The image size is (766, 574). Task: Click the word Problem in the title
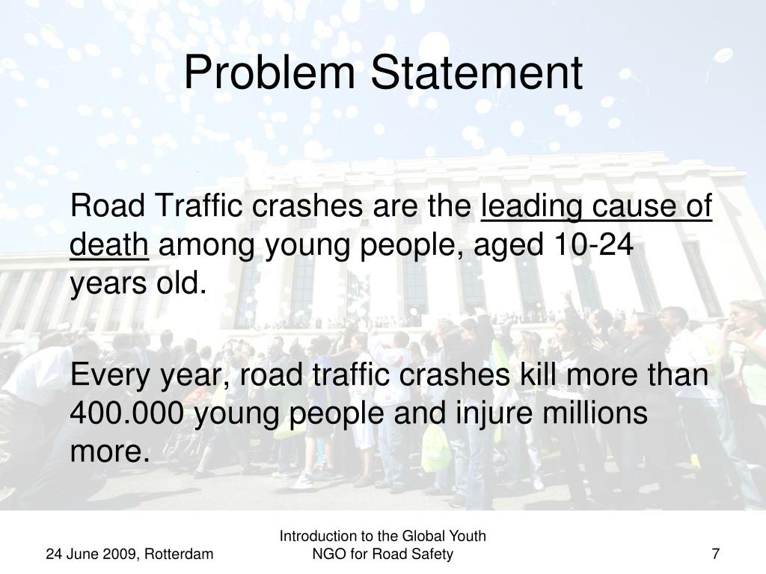(x=271, y=73)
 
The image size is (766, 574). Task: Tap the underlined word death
(x=110, y=244)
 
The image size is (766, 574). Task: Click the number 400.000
(x=127, y=413)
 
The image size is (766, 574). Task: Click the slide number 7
(x=716, y=554)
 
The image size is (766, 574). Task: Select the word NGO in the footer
(x=327, y=554)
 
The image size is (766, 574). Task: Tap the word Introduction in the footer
(x=315, y=536)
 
